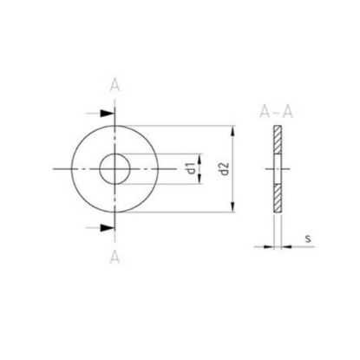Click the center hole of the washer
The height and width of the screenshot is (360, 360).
(x=115, y=169)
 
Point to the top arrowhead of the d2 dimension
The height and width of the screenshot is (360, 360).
(x=233, y=132)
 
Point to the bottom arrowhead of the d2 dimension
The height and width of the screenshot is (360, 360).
(x=233, y=206)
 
